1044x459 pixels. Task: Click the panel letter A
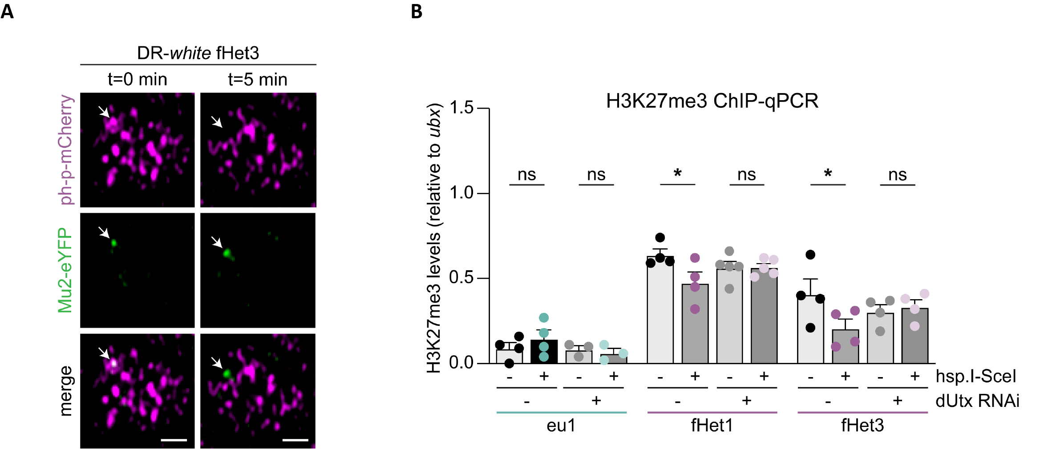click(7, 11)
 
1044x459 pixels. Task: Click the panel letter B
click(417, 11)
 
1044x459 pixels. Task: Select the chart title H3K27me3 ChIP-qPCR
click(712, 101)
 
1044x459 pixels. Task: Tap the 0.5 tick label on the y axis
click(462, 278)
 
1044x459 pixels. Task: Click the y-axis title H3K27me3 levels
click(434, 238)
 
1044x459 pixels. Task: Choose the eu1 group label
click(561, 426)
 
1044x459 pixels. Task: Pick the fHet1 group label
click(712, 426)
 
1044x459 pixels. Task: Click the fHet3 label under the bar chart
click(862, 426)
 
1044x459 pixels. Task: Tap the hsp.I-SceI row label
click(976, 377)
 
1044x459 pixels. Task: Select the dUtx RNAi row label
click(977, 401)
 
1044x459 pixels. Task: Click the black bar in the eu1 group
click(544, 352)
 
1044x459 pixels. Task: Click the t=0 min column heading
click(138, 80)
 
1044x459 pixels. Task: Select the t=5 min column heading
click(258, 80)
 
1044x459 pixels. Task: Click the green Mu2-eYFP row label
click(65, 270)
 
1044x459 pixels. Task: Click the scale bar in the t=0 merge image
click(174, 440)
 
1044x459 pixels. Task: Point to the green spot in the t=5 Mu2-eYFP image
click(227, 253)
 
